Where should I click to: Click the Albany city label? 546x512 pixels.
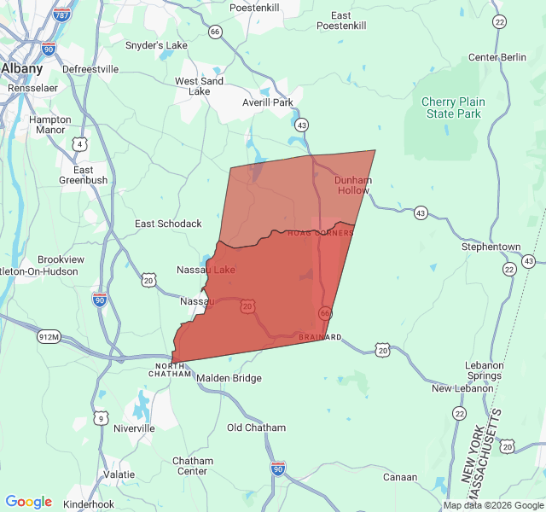(22, 68)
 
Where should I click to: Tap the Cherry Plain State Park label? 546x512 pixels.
(453, 108)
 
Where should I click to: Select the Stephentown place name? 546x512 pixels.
(491, 247)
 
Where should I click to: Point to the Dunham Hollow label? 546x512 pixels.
(352, 185)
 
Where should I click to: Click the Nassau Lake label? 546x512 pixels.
(206, 270)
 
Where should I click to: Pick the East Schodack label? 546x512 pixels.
(168, 224)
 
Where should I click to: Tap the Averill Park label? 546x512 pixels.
(267, 102)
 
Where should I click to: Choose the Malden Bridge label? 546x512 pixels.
(229, 378)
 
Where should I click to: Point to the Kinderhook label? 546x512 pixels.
(89, 504)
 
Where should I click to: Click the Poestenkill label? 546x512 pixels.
(254, 8)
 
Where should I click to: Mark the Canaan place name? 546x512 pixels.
(399, 477)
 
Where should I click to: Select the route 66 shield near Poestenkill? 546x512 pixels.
(215, 32)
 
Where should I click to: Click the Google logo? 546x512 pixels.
(28, 502)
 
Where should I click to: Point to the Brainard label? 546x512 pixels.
(320, 337)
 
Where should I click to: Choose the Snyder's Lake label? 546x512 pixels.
(156, 45)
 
